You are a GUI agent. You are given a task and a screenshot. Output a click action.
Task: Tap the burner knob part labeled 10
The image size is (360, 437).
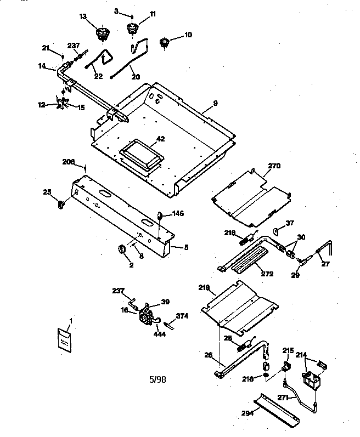click(163, 43)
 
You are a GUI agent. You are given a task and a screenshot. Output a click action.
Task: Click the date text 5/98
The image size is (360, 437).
click(157, 378)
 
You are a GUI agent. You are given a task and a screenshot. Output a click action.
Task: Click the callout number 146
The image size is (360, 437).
click(178, 213)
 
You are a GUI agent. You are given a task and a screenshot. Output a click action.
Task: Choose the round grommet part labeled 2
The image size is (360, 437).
click(122, 249)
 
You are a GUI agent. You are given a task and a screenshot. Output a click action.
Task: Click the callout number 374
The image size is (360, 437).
click(182, 316)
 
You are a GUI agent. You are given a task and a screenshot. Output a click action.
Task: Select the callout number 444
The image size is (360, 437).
click(161, 333)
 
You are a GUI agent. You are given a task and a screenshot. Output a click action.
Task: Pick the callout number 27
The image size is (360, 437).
click(326, 264)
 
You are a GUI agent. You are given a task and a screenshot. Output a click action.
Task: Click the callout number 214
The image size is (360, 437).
click(301, 355)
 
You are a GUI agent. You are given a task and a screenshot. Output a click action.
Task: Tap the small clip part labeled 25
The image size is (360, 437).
click(60, 205)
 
